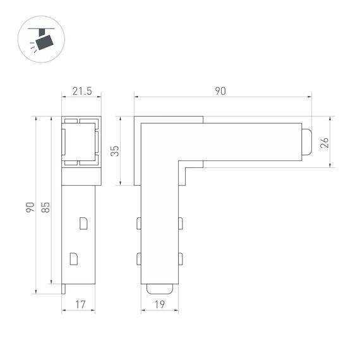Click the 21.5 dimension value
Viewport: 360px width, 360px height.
pyautogui.click(x=81, y=92)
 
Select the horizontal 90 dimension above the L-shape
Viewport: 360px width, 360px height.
pyautogui.click(x=220, y=92)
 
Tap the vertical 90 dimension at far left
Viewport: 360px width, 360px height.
pyautogui.click(x=30, y=207)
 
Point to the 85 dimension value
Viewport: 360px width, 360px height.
pyautogui.click(x=45, y=207)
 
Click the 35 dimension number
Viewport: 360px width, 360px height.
pyautogui.click(x=114, y=151)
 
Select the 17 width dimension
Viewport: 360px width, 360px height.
pyautogui.click(x=80, y=304)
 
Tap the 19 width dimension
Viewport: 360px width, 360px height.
pyautogui.click(x=159, y=304)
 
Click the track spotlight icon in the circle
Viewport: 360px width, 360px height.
pyautogui.click(x=41, y=40)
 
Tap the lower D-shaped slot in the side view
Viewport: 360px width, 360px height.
pyautogui.click(x=73, y=258)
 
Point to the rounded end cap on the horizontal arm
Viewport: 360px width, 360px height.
pyautogui.click(x=306, y=142)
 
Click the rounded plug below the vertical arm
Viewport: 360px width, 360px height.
pyautogui.click(x=159, y=289)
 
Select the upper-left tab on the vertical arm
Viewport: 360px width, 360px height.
pyautogui.click(x=138, y=223)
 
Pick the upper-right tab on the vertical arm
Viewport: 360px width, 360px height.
pyautogui.click(x=181, y=223)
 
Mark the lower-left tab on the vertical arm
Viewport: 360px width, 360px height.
pyautogui.click(x=138, y=258)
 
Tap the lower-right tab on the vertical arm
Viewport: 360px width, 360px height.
pyautogui.click(x=181, y=258)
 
